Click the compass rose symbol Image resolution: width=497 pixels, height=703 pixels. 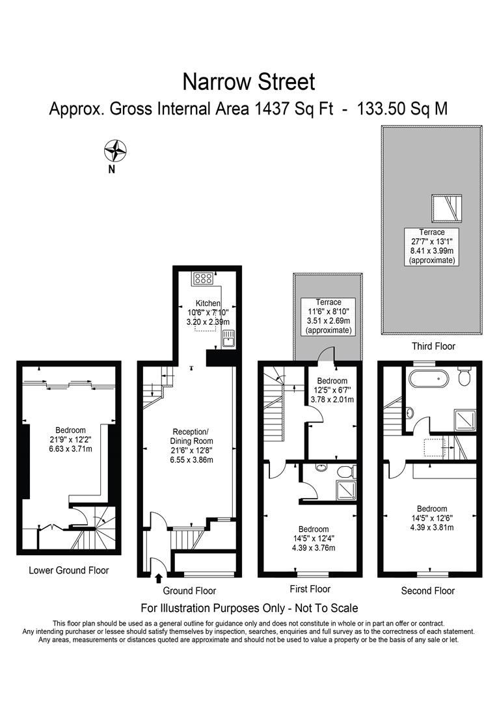coord(114,151)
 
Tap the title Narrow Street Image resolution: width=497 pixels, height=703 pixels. coord(248,82)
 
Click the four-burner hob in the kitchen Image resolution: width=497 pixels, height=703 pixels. coord(200,279)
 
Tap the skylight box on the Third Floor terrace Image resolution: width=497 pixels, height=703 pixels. coord(445,208)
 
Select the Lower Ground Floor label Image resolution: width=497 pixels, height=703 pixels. coord(69,570)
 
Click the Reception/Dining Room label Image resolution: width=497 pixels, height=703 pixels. coord(191,436)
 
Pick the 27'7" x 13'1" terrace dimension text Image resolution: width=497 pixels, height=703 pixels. coord(432,241)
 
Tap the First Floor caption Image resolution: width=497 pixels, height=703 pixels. coord(310,589)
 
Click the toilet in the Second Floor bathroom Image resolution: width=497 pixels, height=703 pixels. coord(464,376)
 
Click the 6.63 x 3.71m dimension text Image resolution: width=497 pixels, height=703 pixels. coord(70,448)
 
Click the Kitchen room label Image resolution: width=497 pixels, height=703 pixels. coord(208,303)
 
